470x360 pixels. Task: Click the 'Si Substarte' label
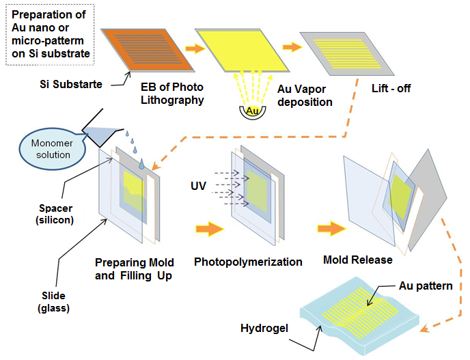69,85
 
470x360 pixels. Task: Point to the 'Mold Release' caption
357,260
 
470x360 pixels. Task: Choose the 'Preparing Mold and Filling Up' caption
135,268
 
